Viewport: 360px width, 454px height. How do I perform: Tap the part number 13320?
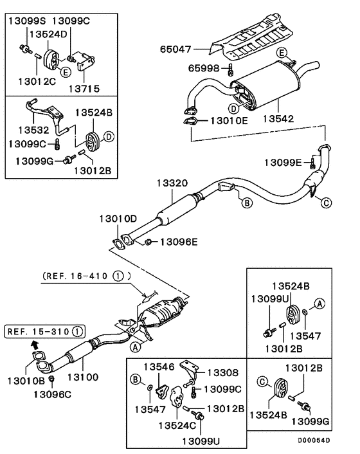171,183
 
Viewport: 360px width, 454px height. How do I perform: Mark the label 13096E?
179,242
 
